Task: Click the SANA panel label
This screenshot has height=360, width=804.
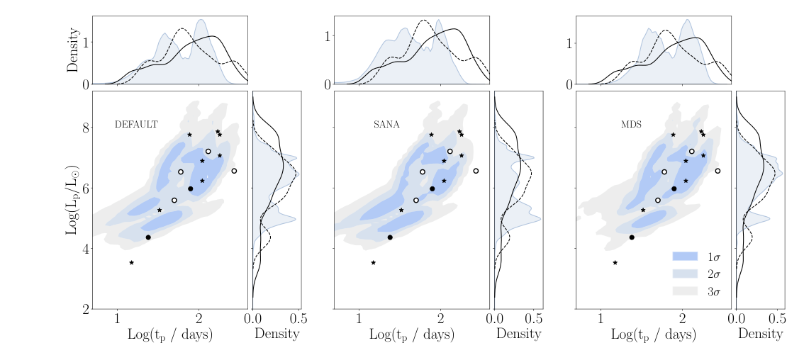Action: click(x=386, y=124)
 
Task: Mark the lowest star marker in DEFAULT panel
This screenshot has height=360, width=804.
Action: click(x=132, y=263)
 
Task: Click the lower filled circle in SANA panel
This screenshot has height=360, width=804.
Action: click(x=391, y=237)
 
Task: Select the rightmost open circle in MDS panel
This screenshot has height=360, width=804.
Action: click(x=718, y=171)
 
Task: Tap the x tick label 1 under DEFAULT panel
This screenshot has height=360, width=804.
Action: click(x=117, y=317)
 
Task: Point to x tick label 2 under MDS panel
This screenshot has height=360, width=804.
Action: click(x=683, y=317)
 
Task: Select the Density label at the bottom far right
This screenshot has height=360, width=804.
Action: click(x=760, y=334)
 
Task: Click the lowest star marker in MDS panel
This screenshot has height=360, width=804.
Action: click(x=615, y=263)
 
